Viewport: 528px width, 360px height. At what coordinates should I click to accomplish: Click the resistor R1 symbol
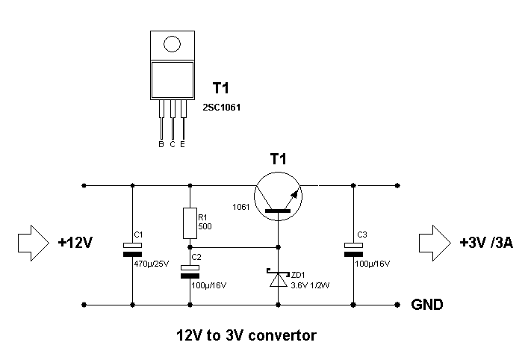190,221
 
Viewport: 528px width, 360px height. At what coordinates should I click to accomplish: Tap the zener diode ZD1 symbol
279,278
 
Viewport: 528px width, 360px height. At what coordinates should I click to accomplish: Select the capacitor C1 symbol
132,250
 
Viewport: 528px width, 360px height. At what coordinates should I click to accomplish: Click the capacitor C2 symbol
190,272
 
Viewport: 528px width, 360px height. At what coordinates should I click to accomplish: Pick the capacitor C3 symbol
352,250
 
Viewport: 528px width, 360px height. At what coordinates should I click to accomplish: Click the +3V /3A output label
486,243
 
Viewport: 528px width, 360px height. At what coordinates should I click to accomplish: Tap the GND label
427,305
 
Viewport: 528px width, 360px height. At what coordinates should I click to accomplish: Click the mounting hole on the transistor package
173,44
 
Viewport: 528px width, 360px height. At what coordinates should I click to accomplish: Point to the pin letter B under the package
161,143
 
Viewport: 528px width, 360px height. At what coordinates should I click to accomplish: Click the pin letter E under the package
183,143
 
